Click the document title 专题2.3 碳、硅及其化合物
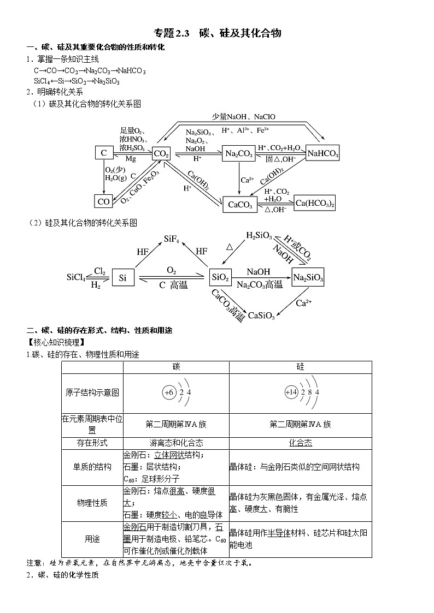click(x=218, y=33)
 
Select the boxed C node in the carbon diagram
click(x=104, y=153)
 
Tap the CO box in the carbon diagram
click(x=104, y=201)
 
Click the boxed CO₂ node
click(x=161, y=154)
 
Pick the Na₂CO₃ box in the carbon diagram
click(x=239, y=154)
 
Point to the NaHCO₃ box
click(x=322, y=154)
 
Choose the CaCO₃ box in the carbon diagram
click(x=239, y=205)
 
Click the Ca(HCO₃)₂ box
click(x=315, y=203)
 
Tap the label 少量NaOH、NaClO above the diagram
click(x=244, y=116)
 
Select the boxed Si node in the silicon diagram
click(x=123, y=278)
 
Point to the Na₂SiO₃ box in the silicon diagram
click(x=308, y=278)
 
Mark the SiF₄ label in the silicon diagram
click(x=175, y=239)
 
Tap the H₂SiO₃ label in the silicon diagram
click(x=259, y=235)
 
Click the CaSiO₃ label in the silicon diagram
click(x=262, y=315)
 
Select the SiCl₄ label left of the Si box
click(x=76, y=278)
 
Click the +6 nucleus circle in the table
click(x=169, y=392)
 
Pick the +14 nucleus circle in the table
click(x=290, y=392)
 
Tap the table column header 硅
click(x=300, y=367)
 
